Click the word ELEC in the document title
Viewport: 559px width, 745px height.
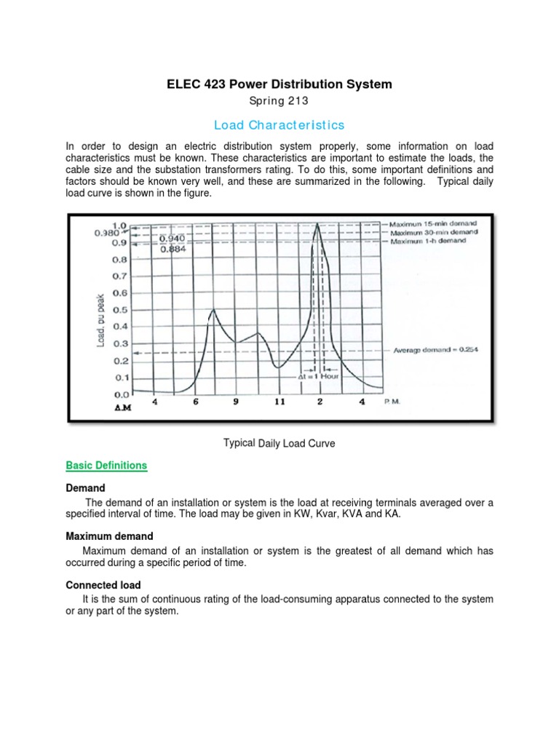point(183,84)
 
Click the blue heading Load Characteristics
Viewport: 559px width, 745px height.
point(279,125)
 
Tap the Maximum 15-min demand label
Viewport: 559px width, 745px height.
point(429,224)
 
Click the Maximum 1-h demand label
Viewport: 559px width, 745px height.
point(427,241)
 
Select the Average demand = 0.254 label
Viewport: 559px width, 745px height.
point(435,350)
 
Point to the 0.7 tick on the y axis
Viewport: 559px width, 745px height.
point(118,276)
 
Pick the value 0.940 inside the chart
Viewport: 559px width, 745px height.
point(173,238)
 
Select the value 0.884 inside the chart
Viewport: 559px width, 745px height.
point(173,248)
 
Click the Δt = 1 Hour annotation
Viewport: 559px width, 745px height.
point(318,378)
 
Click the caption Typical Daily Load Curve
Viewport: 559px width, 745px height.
point(279,443)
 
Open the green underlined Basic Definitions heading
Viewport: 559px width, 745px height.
point(106,466)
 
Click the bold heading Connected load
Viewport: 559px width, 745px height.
point(103,585)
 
